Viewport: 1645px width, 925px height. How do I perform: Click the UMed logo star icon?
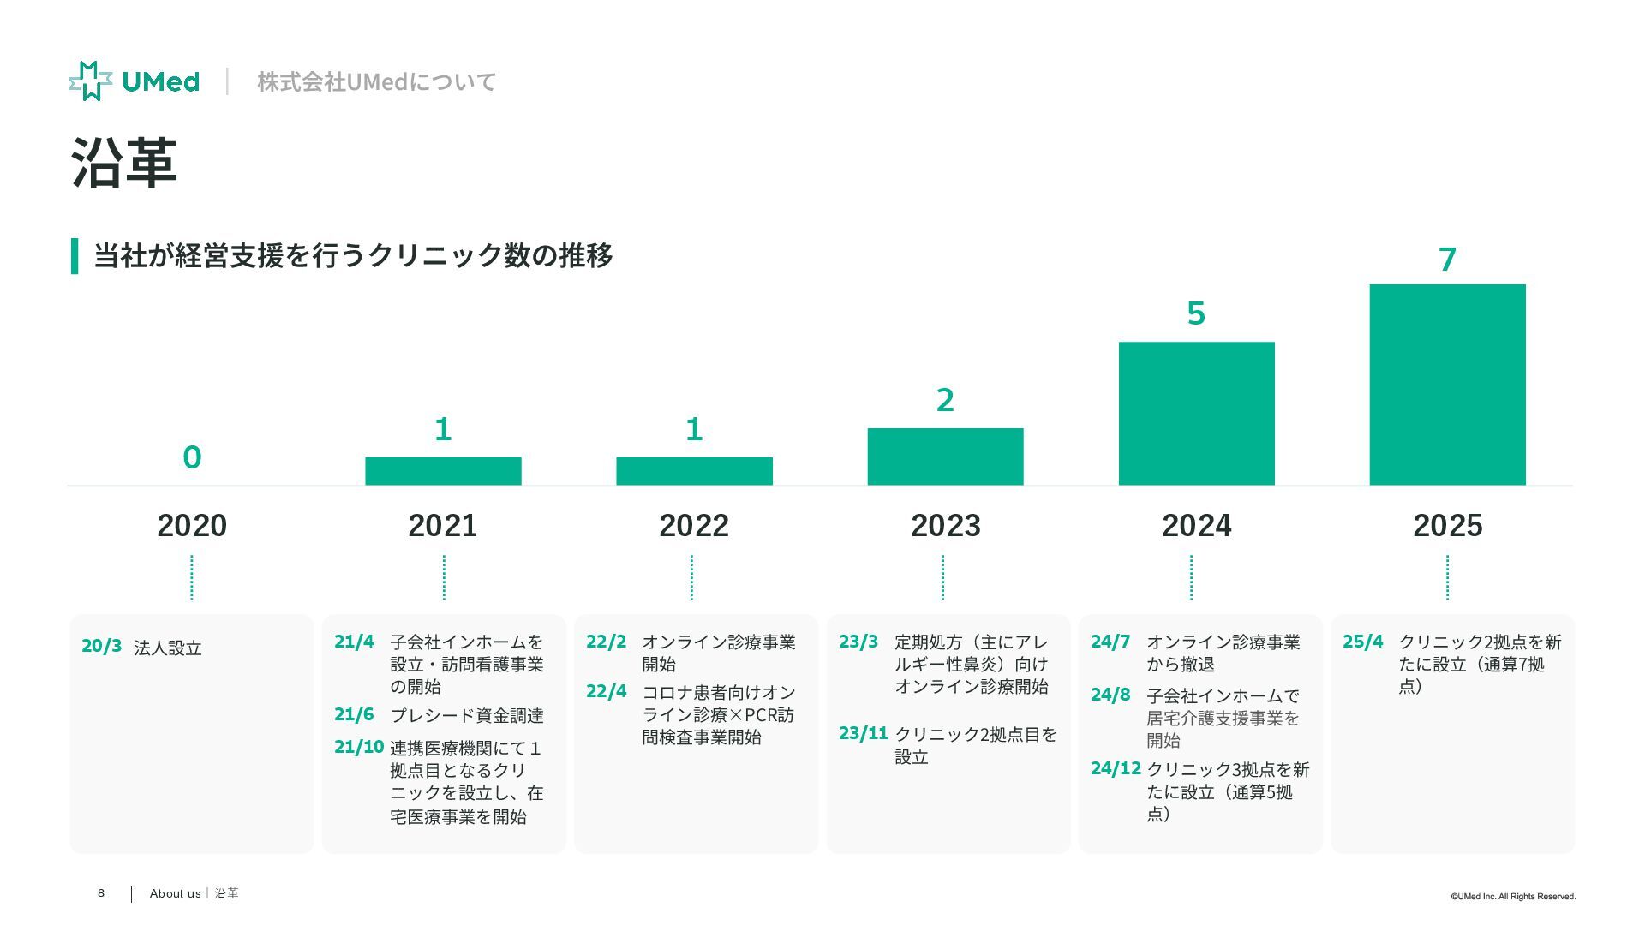coord(90,81)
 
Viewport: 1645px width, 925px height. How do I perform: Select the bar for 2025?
coord(1447,385)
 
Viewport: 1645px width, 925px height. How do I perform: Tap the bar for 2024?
coord(1196,414)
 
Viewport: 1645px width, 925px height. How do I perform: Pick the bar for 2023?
coord(945,457)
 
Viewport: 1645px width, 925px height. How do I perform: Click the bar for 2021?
coord(443,471)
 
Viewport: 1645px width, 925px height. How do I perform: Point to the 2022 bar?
coord(694,471)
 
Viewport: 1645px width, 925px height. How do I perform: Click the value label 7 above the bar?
coord(1447,259)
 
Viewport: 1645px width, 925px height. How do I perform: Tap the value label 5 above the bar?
coord(1196,313)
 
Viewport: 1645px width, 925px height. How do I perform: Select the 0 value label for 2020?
coord(192,457)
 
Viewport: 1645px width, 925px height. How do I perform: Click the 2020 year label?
coord(192,525)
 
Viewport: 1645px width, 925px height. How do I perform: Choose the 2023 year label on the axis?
coord(945,525)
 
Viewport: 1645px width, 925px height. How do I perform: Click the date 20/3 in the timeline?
coord(101,646)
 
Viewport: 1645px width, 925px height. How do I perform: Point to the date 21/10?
coord(358,747)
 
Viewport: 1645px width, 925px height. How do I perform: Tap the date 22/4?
coord(606,691)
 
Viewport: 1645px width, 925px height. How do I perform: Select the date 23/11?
coord(863,733)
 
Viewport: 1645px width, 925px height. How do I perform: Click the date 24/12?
coord(1116,768)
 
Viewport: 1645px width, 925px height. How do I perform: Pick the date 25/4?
coord(1362,642)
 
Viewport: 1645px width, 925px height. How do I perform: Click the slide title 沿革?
coord(124,163)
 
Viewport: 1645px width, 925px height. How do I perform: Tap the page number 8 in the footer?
coord(101,893)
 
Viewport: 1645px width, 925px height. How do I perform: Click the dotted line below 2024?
coord(1191,577)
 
